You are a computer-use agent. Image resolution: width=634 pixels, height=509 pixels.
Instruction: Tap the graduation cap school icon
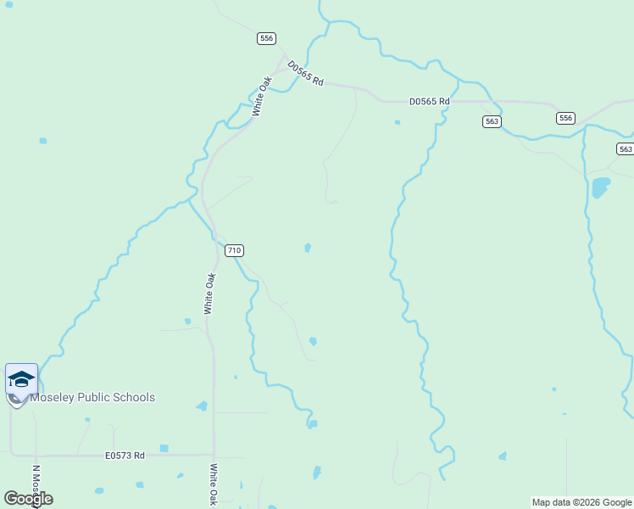tap(21, 378)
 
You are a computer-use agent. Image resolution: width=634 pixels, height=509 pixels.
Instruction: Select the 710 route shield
tap(235, 250)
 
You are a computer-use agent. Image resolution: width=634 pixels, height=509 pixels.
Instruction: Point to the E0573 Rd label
tap(125, 456)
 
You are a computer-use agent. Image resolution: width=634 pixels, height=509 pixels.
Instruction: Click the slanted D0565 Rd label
tap(305, 73)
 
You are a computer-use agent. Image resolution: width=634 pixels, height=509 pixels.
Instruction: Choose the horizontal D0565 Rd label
tap(429, 102)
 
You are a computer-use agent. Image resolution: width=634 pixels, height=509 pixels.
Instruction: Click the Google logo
tap(27, 499)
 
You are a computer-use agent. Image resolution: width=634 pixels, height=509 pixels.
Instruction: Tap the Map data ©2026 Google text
tap(581, 502)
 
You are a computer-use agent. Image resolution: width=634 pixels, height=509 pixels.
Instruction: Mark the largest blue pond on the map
tap(600, 187)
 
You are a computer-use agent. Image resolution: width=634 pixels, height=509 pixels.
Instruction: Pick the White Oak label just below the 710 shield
tap(209, 294)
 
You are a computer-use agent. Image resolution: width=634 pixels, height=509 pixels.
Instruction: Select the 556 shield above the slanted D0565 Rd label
tap(267, 38)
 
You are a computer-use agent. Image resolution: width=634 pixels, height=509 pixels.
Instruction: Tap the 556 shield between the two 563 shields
tap(565, 118)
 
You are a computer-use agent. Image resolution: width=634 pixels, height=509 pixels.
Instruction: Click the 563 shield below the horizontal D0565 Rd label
tap(492, 121)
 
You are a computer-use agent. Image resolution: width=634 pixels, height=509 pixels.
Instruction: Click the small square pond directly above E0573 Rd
tap(164, 448)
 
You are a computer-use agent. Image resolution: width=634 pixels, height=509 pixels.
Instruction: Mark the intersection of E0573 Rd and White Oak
tap(214, 456)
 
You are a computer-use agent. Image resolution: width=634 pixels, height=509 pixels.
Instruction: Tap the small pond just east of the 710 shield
tap(308, 248)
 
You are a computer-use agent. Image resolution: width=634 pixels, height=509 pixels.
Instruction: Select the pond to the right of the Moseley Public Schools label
tap(202, 406)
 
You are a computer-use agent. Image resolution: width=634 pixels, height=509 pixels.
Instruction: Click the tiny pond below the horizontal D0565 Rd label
tap(397, 122)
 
